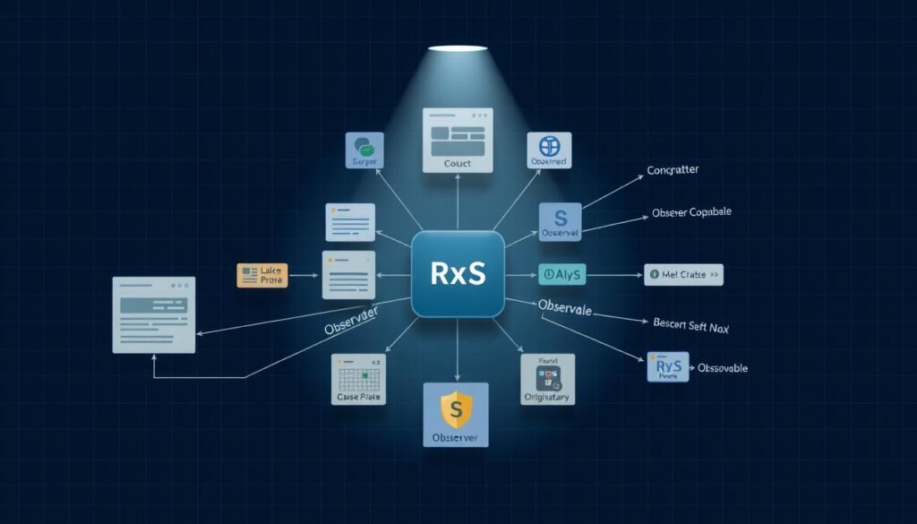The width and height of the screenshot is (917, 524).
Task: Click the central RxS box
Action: coord(458,273)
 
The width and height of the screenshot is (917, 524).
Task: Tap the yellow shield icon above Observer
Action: coord(456,408)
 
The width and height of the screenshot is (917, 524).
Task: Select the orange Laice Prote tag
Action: coord(261,275)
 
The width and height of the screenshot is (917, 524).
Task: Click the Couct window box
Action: coord(457,141)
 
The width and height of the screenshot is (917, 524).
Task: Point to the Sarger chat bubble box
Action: coord(364,150)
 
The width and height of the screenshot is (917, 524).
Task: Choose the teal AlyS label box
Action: coord(562,275)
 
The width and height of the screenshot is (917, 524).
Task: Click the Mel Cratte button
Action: coord(682,275)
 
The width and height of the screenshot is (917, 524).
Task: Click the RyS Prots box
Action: coord(667,367)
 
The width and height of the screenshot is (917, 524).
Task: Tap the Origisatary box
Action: coord(547,378)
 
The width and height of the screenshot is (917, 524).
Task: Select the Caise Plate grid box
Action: coord(357,379)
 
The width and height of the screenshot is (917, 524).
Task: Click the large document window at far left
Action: coord(153,314)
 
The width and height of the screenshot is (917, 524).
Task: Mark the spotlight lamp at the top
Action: coord(458,47)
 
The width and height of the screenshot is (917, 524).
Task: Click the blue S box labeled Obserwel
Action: coord(561,221)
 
